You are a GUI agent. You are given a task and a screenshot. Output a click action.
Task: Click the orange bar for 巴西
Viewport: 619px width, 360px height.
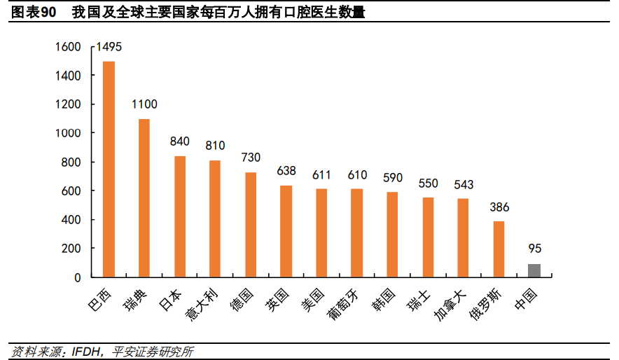[109, 169]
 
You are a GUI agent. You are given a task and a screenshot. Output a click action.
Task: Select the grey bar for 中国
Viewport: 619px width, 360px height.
[534, 270]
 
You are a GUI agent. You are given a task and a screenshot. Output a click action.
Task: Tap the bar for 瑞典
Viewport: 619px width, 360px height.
[144, 198]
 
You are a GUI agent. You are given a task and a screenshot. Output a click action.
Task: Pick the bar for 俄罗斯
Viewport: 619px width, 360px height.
[499, 249]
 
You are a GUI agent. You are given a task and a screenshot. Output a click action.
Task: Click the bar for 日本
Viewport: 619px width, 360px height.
[180, 216]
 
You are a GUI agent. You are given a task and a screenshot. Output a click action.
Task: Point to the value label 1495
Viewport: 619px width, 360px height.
[109, 47]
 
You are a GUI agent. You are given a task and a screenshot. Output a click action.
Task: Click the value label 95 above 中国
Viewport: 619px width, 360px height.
[535, 249]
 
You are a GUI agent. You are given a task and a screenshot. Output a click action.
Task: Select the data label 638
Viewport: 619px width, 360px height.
[286, 170]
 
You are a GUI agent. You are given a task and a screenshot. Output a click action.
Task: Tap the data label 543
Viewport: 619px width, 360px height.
[464, 185]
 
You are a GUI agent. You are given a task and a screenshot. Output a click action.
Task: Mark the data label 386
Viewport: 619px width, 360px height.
[499, 207]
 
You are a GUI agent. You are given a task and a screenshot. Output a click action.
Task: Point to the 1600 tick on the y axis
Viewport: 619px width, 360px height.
[69, 47]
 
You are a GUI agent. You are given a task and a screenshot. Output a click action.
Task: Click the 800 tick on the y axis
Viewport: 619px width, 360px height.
[71, 162]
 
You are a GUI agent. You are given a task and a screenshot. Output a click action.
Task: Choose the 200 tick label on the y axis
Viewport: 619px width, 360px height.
[71, 249]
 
